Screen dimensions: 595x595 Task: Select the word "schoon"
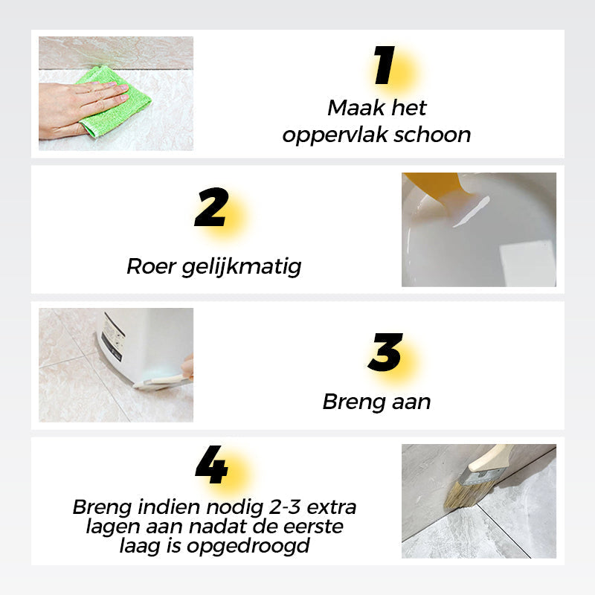click(x=434, y=135)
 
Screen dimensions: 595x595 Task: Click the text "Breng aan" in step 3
click(x=376, y=402)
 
